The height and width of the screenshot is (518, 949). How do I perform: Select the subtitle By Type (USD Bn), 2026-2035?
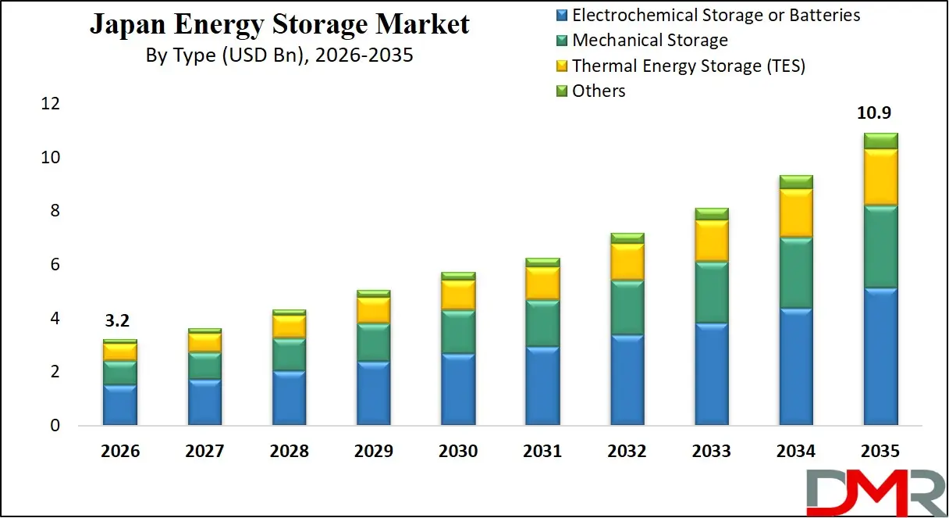279,55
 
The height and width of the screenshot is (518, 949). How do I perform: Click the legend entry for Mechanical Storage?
649,40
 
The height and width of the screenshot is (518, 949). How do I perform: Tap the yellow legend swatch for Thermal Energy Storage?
561,66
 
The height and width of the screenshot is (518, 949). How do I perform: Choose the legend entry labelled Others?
599,91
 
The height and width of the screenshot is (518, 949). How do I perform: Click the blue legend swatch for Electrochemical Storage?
561,15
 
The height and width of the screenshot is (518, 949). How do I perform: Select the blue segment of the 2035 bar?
880,356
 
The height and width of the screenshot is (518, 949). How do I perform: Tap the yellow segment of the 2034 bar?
796,213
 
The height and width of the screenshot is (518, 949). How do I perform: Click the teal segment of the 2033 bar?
712,293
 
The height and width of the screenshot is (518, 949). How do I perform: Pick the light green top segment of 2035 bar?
880,141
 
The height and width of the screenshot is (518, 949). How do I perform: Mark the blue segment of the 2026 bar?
120,405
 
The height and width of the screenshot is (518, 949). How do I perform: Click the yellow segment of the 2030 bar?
458,295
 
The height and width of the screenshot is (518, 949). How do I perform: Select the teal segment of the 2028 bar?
289,355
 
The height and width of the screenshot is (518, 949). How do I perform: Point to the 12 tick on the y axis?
50,104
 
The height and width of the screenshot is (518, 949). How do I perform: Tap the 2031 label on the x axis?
542,452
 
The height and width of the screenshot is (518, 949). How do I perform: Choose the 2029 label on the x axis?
374,452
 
